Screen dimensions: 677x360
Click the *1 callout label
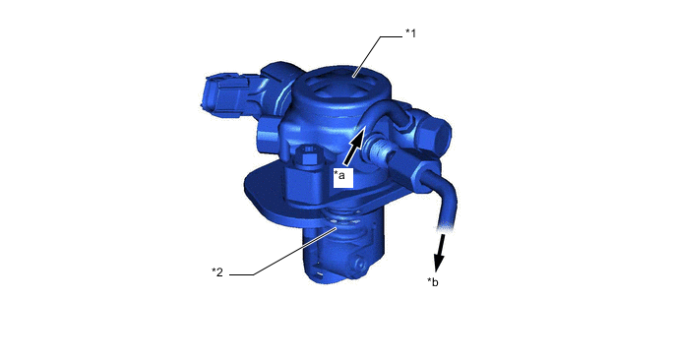(x=410, y=33)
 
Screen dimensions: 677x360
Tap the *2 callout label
(x=217, y=271)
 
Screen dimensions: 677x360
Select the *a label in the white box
(x=339, y=175)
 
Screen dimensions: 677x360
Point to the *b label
(x=433, y=282)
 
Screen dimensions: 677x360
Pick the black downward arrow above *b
(x=440, y=253)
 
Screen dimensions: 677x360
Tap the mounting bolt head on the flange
(x=310, y=154)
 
